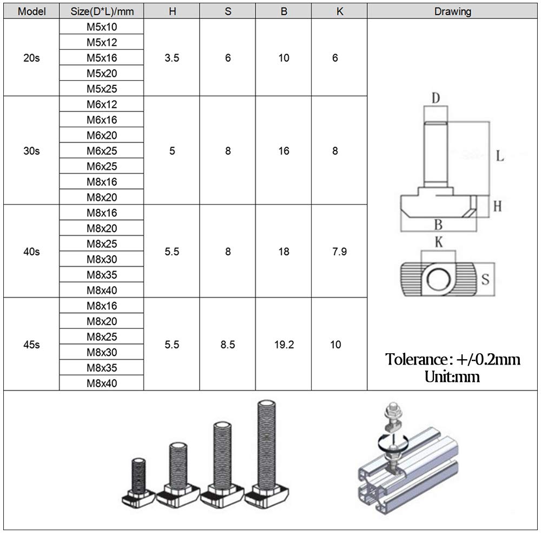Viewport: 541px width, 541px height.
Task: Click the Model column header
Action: [31, 11]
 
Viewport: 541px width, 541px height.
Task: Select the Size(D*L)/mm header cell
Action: [101, 11]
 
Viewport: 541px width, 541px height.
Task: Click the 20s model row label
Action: [31, 58]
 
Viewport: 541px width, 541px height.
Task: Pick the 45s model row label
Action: [31, 345]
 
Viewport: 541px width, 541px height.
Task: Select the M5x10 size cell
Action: [102, 27]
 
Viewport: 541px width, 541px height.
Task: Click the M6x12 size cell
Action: [102, 104]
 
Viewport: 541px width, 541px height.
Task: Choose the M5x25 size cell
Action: [102, 89]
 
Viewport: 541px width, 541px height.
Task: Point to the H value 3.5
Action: [171, 58]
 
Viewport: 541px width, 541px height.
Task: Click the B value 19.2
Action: [283, 345]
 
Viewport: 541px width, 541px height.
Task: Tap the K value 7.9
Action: [339, 252]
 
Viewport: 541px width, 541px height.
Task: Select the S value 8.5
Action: [228, 345]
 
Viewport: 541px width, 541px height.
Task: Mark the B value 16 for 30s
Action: [283, 151]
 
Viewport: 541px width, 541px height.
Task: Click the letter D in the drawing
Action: [436, 98]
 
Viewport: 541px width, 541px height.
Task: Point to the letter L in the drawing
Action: [499, 156]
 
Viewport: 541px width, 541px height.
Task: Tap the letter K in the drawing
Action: [438, 242]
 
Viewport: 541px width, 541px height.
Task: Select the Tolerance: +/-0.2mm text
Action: [453, 359]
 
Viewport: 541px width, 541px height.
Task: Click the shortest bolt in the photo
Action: [138, 481]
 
